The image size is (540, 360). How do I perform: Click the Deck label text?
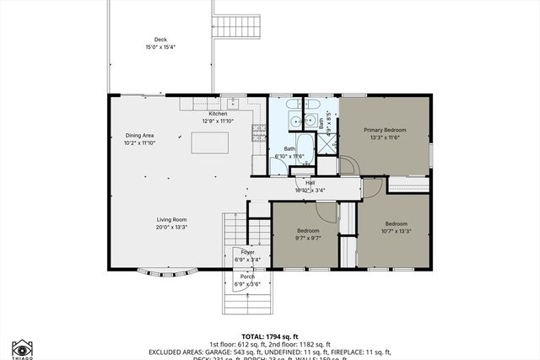click(x=160, y=40)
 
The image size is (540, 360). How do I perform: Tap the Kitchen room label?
click(x=218, y=114)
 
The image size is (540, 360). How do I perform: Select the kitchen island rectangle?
click(x=211, y=144)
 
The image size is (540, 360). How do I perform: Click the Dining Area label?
click(x=139, y=136)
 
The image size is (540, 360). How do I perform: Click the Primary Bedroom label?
click(x=385, y=130)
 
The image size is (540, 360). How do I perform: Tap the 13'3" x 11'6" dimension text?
click(x=385, y=137)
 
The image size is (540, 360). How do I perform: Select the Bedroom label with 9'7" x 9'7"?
click(x=308, y=230)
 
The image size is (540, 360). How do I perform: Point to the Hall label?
click(x=310, y=183)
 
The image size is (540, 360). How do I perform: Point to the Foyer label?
click(x=247, y=252)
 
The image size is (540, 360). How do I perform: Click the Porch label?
click(x=247, y=277)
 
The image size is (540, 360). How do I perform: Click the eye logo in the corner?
click(x=22, y=347)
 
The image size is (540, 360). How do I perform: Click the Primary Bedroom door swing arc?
click(x=348, y=164)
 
